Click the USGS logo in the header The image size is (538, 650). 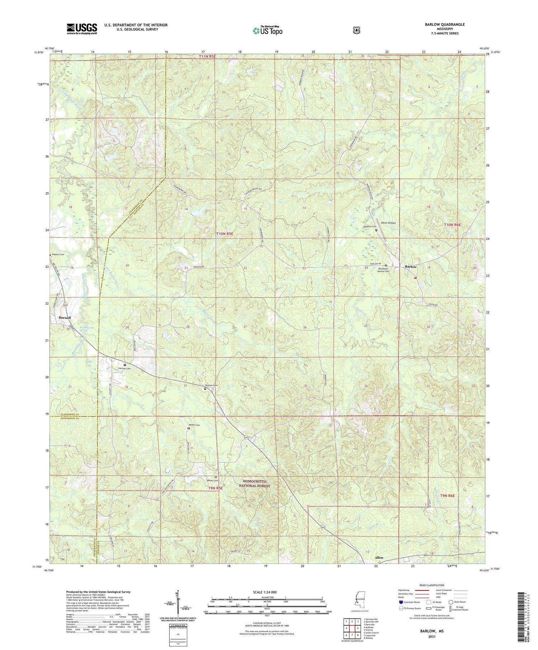(x=82, y=29)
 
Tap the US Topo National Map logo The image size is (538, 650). (x=267, y=30)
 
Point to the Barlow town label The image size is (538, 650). (x=411, y=267)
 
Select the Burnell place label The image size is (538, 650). (x=65, y=318)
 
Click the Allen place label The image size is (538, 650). (x=379, y=558)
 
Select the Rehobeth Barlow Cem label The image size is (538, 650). (x=383, y=270)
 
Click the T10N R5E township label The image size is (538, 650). (x=225, y=234)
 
